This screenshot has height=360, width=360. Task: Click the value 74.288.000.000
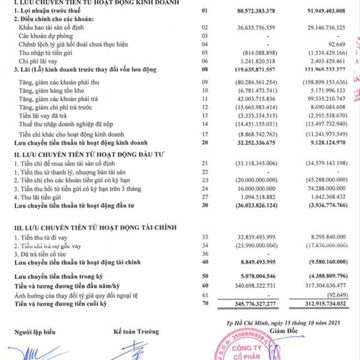pos(325,188)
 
